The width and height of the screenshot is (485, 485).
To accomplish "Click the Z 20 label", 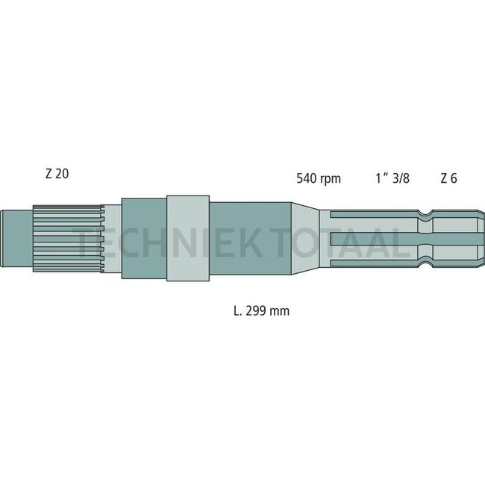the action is pyautogui.click(x=57, y=174).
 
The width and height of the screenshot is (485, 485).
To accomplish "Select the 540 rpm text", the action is pyautogui.click(x=319, y=179).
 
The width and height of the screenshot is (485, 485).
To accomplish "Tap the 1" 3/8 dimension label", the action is pyautogui.click(x=392, y=178).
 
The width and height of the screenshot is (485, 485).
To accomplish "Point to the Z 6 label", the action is pyautogui.click(x=448, y=178).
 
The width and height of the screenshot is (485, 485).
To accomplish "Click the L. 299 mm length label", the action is pyautogui.click(x=262, y=311).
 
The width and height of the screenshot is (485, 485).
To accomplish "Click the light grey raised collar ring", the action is pyautogui.click(x=188, y=238).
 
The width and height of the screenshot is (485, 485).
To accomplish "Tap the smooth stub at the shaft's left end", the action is pyautogui.click(x=17, y=238).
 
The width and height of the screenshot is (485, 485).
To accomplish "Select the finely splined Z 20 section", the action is pyautogui.click(x=69, y=238).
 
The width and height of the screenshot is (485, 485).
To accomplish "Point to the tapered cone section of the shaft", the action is pyautogui.click(x=305, y=238).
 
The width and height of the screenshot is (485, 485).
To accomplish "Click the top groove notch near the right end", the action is pyautogui.click(x=425, y=213).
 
